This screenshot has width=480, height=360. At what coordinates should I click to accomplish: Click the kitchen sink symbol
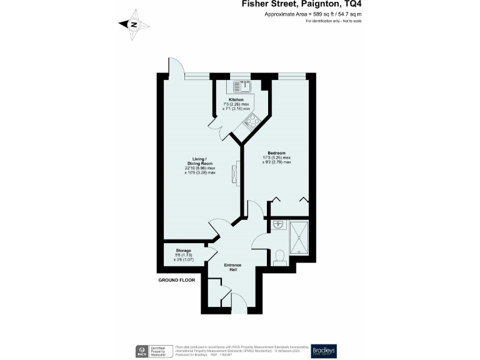[x=241, y=86]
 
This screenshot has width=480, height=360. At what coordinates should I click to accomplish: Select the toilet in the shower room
[x=279, y=257]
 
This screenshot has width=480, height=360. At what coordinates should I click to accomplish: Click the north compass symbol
[x=134, y=25]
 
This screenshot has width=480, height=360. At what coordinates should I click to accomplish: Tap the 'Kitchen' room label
[x=236, y=99]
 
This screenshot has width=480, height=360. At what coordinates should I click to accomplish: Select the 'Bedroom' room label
[x=276, y=153]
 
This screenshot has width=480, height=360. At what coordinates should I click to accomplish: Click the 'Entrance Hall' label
[x=232, y=267]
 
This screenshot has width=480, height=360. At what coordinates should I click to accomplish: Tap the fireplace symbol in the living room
[x=236, y=174]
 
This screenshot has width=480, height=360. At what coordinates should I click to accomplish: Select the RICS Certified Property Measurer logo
[x=152, y=351]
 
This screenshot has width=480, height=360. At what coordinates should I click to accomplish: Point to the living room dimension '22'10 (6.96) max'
[x=200, y=167]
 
